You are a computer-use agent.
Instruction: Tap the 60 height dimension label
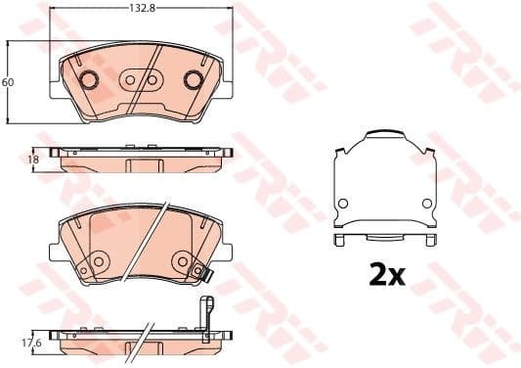pyautogui.click(x=8, y=82)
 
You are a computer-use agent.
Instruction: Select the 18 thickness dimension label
pyautogui.click(x=32, y=159)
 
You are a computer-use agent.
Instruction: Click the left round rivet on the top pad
pyautogui.click(x=88, y=80)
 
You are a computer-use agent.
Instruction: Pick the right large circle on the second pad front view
pyautogui.click(x=182, y=261)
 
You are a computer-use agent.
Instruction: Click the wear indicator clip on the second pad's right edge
pyautogui.click(x=203, y=273)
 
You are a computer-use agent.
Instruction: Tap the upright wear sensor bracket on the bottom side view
pyautogui.click(x=207, y=313)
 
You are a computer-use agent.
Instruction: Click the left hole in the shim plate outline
pyautogui.click(x=342, y=203)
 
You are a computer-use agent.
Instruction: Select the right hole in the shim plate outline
pyautogui.click(x=425, y=203)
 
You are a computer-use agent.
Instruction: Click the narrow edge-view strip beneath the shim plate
pyautogui.click(x=383, y=239)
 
